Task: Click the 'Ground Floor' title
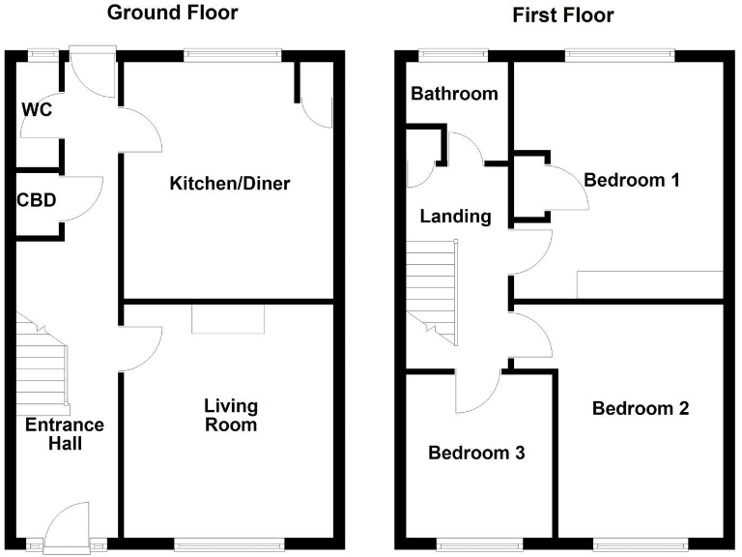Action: click(172, 13)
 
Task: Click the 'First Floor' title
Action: click(563, 15)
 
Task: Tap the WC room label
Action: click(37, 108)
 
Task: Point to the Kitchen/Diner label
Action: click(230, 184)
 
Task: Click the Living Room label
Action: click(230, 415)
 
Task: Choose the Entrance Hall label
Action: click(65, 434)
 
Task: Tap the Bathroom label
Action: click(454, 94)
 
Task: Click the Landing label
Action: click(455, 217)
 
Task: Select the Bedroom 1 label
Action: click(632, 180)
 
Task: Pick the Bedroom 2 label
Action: click(641, 408)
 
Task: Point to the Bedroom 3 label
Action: click(476, 453)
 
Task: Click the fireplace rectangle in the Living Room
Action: click(228, 320)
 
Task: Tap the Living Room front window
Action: click(229, 542)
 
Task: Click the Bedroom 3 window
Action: click(477, 542)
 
